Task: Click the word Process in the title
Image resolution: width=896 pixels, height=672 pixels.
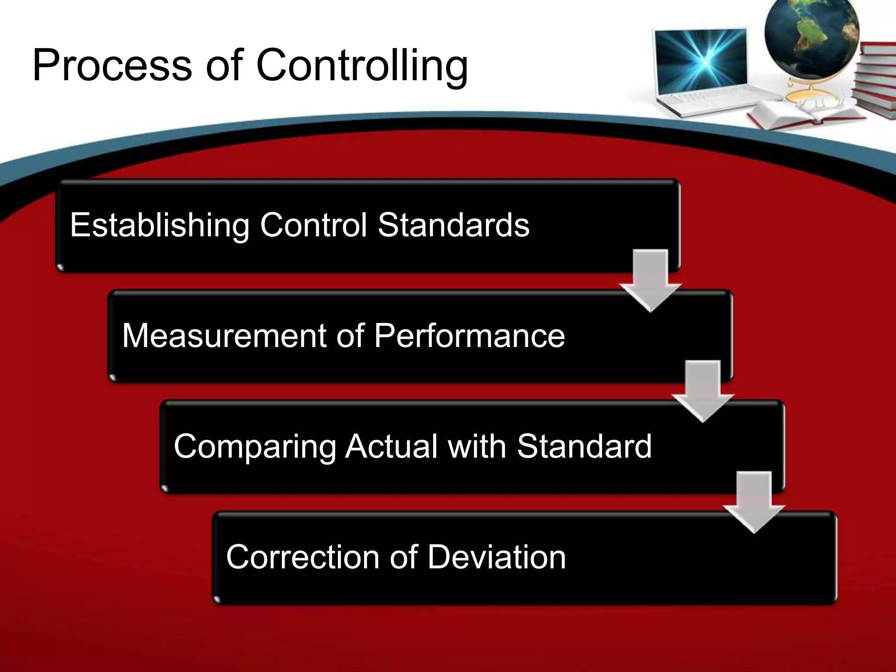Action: coord(112,66)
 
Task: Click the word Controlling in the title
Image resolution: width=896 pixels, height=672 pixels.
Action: coord(362,66)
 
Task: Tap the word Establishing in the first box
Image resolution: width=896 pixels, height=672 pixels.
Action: coord(160,225)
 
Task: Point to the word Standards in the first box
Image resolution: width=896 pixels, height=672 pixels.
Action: coord(454,225)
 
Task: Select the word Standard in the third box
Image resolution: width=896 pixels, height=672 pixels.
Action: coord(584,446)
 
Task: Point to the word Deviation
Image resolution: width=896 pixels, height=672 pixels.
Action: coord(497,557)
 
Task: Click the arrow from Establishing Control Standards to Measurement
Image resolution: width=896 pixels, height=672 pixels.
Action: coord(651,280)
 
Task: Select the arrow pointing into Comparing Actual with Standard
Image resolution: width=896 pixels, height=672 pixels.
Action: coord(703,391)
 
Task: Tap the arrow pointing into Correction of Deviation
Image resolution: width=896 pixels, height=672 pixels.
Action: coord(754,502)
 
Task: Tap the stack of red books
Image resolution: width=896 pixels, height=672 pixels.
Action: coord(875,83)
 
